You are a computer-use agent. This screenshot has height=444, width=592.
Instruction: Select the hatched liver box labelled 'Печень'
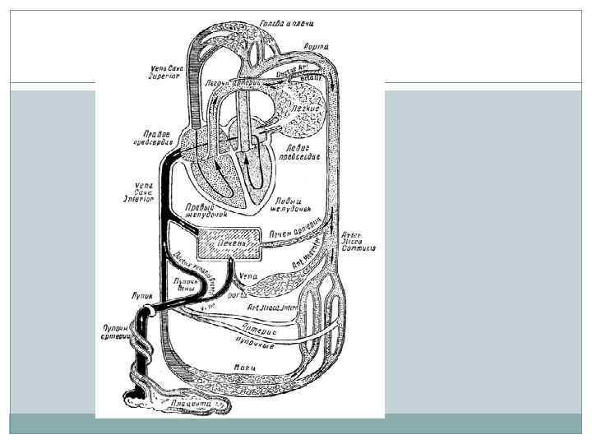[x=230, y=243]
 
